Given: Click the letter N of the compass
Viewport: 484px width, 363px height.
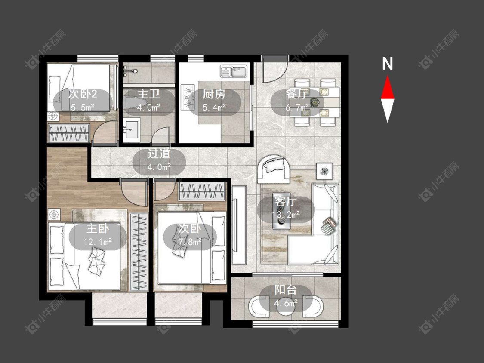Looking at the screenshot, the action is coord(387,64).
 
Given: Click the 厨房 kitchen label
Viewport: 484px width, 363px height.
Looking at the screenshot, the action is coord(214,94).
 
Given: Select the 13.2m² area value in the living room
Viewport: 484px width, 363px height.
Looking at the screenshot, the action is coord(286,214).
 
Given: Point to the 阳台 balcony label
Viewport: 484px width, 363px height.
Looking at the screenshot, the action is coord(286,290).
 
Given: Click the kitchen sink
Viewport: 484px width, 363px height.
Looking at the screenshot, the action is coord(234,71).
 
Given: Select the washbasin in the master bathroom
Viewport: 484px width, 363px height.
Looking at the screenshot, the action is coord(131,129).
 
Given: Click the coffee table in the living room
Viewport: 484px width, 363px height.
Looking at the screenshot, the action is coord(281,211).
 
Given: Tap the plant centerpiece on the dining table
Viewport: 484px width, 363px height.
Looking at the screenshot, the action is coord(314,102).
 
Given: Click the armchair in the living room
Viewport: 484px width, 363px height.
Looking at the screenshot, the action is coord(274,168).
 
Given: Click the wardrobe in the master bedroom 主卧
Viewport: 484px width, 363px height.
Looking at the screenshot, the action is coord(139,252).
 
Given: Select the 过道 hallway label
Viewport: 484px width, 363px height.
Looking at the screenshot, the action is coord(159,154).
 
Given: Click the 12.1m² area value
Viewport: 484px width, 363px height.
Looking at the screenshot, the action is coord(98,242).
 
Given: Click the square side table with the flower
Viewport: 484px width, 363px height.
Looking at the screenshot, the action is coord(324,171).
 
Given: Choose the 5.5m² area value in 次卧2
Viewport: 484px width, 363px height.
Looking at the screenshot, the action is coord(83,107).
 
